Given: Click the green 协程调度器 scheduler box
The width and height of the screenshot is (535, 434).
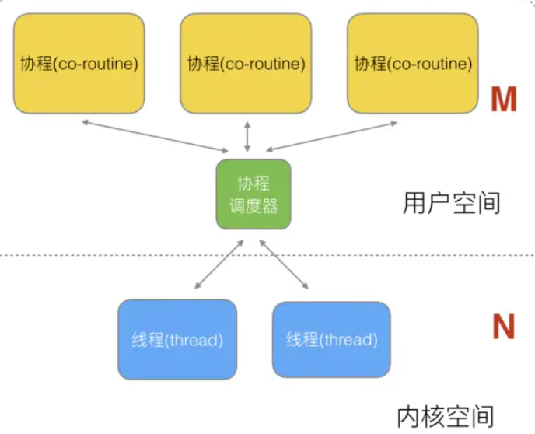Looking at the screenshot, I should pos(254,194).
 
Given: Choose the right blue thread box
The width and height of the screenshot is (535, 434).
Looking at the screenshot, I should pos(331,339).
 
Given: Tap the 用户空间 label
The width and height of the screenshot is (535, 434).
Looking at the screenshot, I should pos(452,204).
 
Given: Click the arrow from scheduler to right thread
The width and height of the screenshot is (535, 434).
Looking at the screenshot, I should pos(285,264).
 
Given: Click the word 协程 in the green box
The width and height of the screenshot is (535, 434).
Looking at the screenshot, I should pos(253,184).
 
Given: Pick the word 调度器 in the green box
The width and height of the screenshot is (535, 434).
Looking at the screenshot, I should pos(253,206).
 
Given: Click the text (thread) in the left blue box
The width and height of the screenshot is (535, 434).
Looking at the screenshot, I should pos(195,339).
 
